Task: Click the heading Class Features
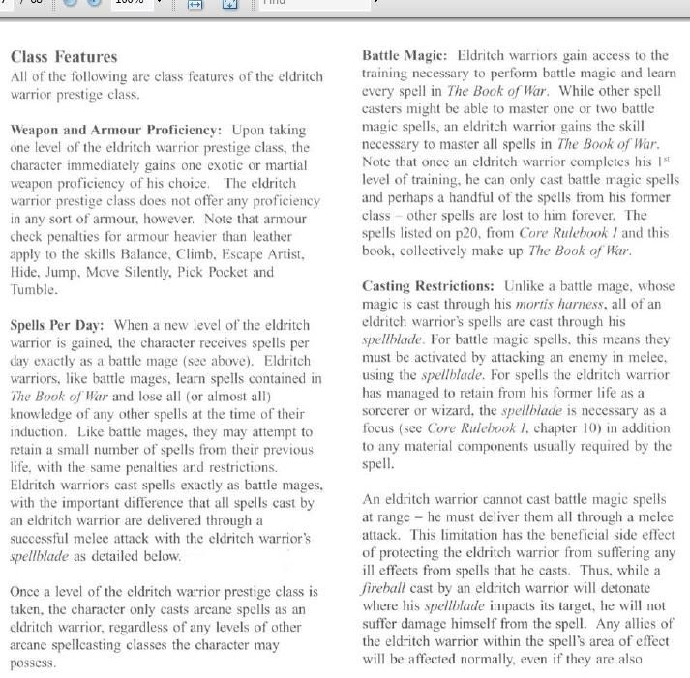coord(63,57)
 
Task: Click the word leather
coord(282,236)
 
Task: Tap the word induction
coord(42,431)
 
